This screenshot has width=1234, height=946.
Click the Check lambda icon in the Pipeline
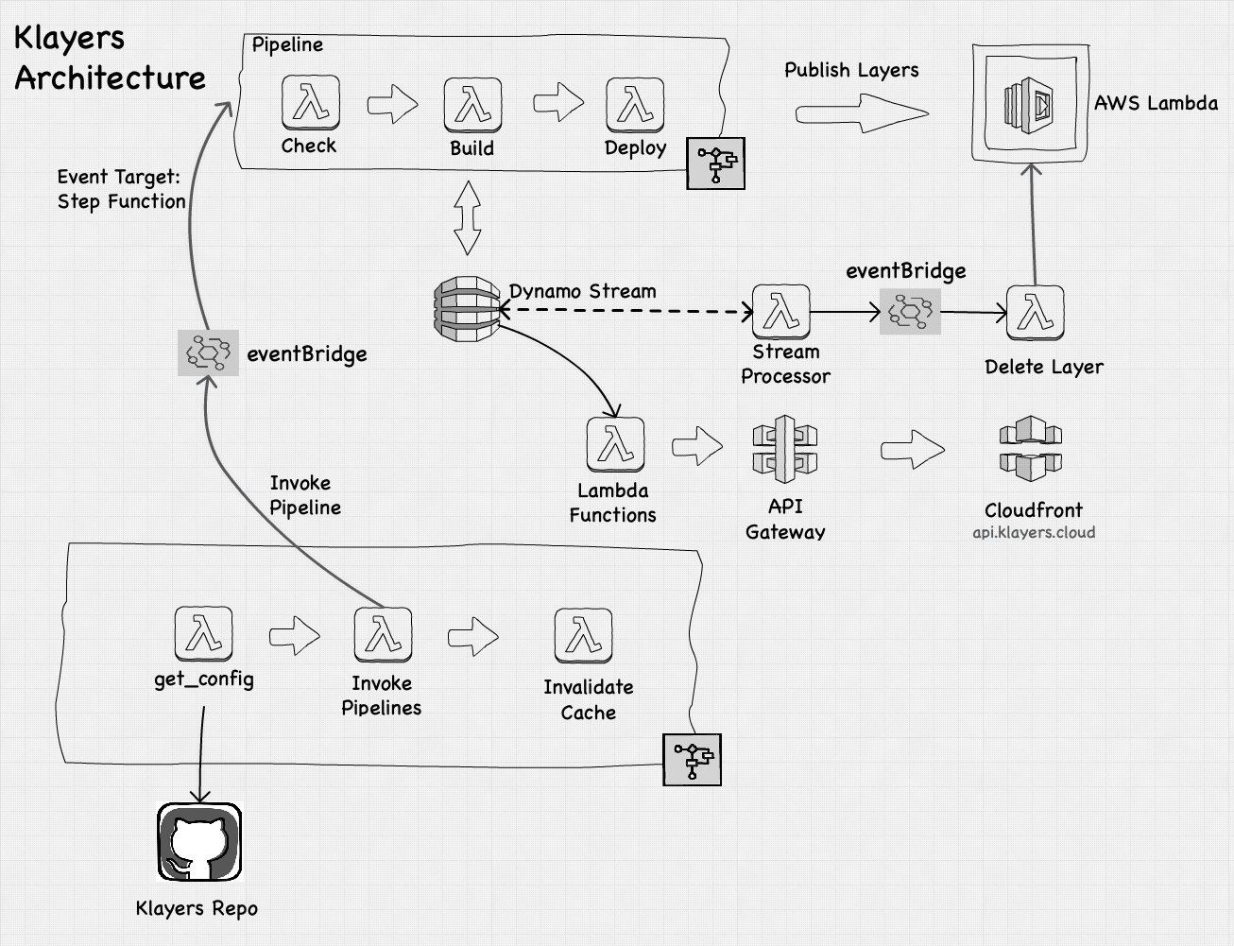pos(310,102)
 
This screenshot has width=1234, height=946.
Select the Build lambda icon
pos(472,104)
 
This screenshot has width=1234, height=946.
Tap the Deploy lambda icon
pos(635,104)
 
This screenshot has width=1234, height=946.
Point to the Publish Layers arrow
pos(861,114)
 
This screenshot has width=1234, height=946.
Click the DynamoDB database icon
pos(466,308)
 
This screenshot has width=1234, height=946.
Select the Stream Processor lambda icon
pos(781,311)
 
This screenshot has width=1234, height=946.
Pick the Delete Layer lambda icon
pos(1036,313)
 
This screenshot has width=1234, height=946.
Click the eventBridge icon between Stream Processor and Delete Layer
pos(910,311)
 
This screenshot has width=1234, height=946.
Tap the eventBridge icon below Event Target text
pos(208,353)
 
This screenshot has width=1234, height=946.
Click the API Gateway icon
pos(784,448)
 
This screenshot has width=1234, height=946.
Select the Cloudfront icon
pos(1031,449)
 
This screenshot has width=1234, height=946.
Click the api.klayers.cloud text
pos(1034,532)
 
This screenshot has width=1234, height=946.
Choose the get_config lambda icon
pos(203,633)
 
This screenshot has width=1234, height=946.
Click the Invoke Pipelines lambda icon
pos(383,634)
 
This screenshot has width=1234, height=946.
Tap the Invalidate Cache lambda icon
pos(584,635)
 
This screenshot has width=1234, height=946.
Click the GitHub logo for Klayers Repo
pos(199,841)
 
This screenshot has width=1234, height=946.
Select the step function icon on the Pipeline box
pos(715,163)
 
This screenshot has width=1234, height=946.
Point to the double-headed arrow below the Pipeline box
pos(468,218)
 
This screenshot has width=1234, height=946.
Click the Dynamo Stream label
pos(582,291)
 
